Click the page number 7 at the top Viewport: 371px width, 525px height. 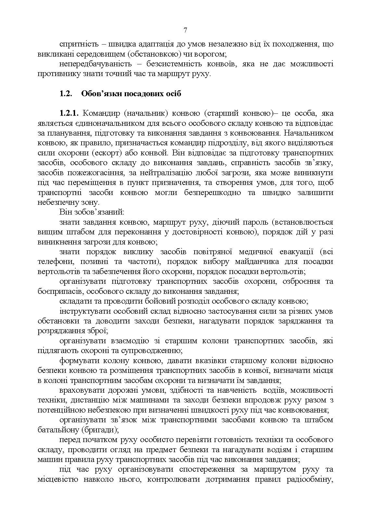point(185,30)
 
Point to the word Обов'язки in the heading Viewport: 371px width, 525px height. point(97,94)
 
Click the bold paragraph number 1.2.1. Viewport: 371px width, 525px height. point(70,113)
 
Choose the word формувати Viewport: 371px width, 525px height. point(79,361)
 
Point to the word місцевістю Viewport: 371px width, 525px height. point(58,479)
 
